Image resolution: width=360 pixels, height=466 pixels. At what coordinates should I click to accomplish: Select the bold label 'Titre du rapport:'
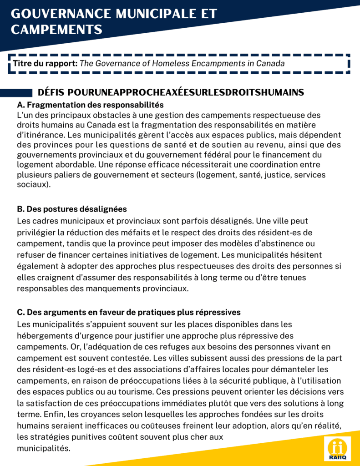(45, 63)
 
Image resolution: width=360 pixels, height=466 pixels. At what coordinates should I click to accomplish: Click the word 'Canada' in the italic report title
(271, 63)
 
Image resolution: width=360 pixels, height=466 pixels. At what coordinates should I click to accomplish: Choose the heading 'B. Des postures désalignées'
(71, 209)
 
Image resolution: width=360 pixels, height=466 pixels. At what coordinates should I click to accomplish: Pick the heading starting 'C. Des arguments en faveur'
(128, 313)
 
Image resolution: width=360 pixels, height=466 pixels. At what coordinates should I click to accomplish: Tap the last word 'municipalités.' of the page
(43, 448)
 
